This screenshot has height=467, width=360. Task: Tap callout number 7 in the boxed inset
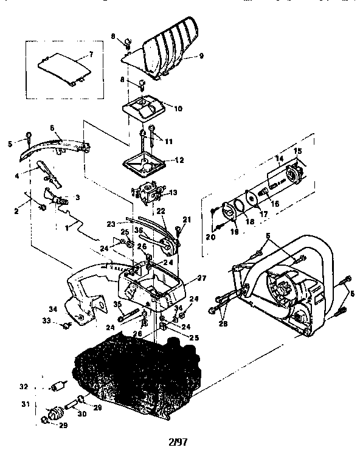(x=91, y=54)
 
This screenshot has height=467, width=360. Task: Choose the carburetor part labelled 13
(x=148, y=193)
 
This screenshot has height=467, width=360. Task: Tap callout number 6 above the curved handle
(x=52, y=128)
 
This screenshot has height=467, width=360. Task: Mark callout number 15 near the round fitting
(x=298, y=151)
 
